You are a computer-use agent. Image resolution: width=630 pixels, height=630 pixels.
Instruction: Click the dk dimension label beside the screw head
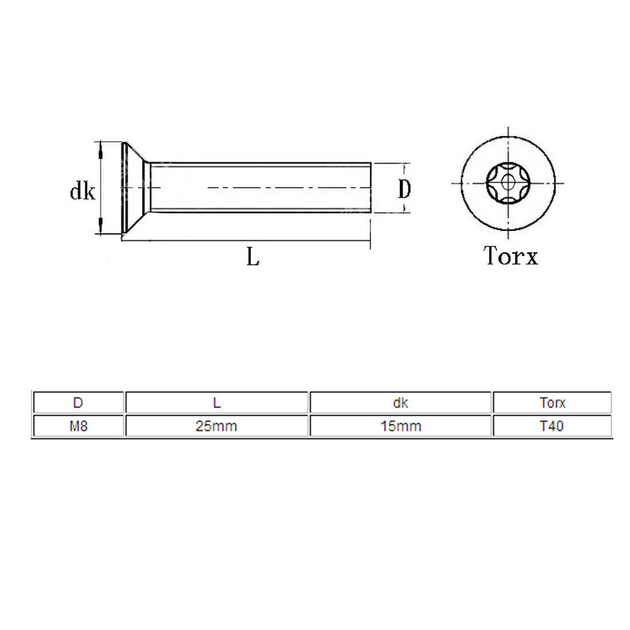point(82,192)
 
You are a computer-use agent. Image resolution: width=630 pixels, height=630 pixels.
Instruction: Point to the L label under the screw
point(253,257)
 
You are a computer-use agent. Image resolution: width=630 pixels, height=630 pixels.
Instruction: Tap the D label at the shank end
point(404,188)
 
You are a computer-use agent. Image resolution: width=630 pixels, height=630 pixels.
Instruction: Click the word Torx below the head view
point(511,256)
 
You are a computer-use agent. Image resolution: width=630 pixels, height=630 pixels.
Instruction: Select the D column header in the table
point(78,403)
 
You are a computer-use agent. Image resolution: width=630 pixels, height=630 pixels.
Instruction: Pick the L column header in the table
point(216,403)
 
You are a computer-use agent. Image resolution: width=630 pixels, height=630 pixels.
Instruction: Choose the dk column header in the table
point(400,403)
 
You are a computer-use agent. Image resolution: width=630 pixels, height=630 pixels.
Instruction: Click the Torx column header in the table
point(552,403)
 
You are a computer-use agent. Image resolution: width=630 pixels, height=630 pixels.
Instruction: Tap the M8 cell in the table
point(78,426)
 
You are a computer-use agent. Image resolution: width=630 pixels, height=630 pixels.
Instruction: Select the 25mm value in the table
point(216,426)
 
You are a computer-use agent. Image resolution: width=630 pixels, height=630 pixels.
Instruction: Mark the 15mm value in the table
point(400,426)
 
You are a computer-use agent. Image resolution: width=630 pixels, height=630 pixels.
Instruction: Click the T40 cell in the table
point(552,426)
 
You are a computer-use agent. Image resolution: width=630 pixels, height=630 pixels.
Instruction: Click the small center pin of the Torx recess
point(508,183)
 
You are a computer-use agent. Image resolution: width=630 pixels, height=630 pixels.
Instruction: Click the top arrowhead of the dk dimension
point(101,150)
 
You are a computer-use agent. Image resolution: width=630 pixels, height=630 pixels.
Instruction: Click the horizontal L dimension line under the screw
point(246,241)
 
